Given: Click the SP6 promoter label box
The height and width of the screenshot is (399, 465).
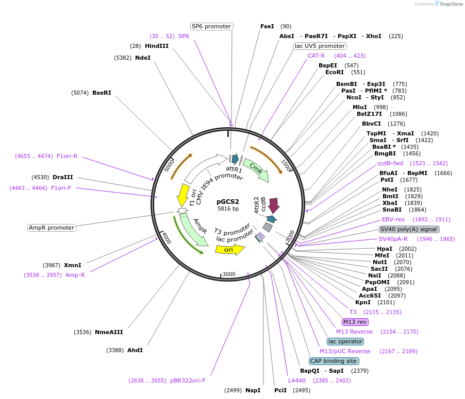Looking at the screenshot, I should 211,26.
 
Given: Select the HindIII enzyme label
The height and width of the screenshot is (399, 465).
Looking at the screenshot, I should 157,46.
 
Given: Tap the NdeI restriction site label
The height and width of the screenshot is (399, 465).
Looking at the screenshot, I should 143,58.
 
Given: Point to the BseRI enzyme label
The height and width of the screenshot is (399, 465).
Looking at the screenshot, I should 102,93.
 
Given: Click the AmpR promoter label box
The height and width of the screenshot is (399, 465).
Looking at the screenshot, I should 52,228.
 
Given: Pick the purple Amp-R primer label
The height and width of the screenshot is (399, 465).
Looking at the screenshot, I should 75,275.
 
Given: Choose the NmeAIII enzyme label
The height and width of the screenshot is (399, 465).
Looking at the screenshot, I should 109,332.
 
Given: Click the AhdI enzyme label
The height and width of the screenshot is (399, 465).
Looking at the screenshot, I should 135,350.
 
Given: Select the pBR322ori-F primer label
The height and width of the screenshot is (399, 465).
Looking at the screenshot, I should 188,380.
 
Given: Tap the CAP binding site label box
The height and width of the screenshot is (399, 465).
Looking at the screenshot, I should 333,361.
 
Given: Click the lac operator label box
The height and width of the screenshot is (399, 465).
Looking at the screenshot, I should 345,341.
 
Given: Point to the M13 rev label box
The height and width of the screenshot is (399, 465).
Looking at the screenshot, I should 356,322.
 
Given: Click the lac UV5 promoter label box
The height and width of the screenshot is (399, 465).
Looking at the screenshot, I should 320,46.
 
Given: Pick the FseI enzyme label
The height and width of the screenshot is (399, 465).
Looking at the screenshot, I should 267,26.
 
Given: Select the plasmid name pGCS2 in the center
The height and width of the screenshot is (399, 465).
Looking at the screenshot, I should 228,201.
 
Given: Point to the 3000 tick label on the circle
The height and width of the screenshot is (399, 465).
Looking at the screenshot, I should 229,274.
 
